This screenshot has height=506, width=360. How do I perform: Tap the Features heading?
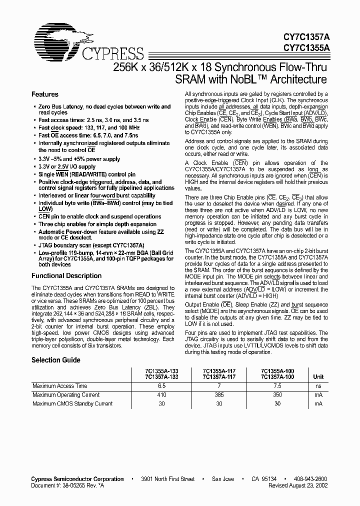(x=45, y=94)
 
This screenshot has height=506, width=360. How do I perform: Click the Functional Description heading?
(x=66, y=276)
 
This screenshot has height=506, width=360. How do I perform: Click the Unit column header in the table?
(x=318, y=377)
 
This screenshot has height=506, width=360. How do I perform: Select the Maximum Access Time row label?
(x=59, y=386)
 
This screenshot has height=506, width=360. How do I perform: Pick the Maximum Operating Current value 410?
(x=161, y=394)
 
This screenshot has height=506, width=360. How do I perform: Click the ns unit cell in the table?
(x=318, y=386)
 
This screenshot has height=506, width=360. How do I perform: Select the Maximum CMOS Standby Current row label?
(x=72, y=403)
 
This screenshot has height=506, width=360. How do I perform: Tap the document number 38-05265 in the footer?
(x=76, y=485)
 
